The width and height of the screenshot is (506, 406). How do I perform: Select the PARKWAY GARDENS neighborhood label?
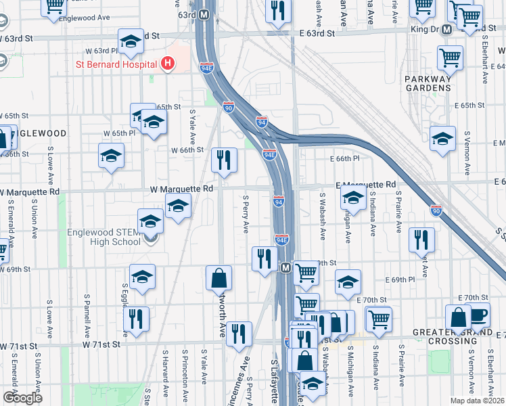click(x=428, y=83)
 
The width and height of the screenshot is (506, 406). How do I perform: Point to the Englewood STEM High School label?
click(x=103, y=237)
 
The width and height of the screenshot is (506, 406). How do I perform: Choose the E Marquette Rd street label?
click(x=366, y=184)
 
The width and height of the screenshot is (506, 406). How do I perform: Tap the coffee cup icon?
click(x=480, y=315)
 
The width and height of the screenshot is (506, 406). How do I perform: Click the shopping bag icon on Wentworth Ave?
click(x=219, y=277)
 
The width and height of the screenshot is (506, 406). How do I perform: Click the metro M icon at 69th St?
click(x=285, y=268)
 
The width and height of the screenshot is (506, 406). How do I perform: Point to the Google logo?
click(x=22, y=398)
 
